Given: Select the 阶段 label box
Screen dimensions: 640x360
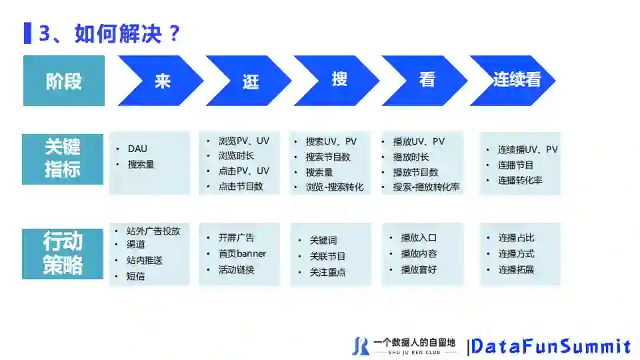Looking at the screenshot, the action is tap(64, 81).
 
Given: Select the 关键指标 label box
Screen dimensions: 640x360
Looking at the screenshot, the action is tap(63, 159).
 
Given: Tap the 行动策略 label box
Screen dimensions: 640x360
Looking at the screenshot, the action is tap(63, 253).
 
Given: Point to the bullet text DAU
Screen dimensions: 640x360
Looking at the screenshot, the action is tap(137, 149).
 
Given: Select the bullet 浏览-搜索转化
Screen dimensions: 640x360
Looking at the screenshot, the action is tap(335, 187).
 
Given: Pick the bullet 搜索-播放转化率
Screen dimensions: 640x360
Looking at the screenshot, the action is tap(427, 187).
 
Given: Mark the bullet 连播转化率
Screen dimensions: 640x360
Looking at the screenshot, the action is tap(520, 180).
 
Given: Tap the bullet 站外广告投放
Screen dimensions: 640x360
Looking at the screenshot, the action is tap(153, 231).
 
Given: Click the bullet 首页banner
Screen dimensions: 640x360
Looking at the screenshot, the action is tap(242, 253).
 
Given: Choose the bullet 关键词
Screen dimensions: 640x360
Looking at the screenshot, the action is tap(323, 240).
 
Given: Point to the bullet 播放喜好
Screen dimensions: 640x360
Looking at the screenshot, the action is tap(419, 269).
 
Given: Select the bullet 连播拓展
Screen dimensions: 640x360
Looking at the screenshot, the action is tap(516, 269).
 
